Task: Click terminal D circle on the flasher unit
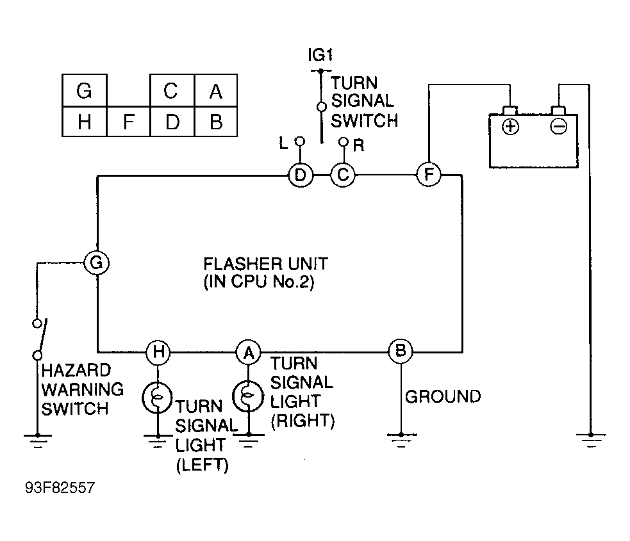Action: tap(301, 175)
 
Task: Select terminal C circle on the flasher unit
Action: tap(343, 175)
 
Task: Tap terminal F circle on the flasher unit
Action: tap(429, 174)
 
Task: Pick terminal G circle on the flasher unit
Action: tap(96, 263)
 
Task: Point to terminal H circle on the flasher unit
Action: tap(158, 352)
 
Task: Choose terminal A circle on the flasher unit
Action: tap(248, 352)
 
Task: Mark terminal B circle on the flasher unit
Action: tap(401, 351)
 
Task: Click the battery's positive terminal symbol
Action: tap(510, 127)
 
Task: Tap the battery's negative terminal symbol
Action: tap(558, 127)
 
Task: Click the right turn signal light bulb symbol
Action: tap(248, 396)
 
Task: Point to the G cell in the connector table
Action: tap(85, 90)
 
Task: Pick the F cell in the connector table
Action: tap(129, 122)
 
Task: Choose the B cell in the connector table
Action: tap(216, 122)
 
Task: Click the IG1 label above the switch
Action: tap(320, 55)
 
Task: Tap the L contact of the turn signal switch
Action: tap(299, 141)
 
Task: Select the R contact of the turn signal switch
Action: tap(343, 141)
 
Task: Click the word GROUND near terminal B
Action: tap(443, 396)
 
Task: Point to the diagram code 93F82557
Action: tap(60, 488)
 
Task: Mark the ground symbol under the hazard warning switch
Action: tap(37, 440)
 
